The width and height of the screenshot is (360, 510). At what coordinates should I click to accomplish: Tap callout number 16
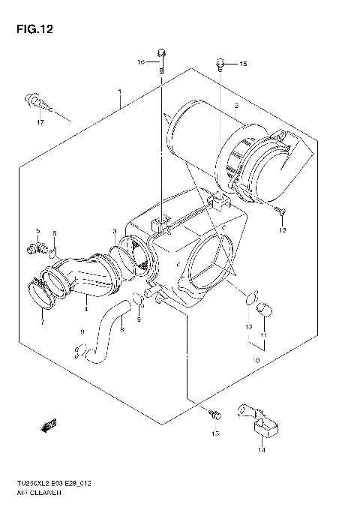point(140,62)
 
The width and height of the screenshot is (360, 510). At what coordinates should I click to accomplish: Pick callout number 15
point(242,65)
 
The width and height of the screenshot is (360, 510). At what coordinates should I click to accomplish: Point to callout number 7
point(42,322)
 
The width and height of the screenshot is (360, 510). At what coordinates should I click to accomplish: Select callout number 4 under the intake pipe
point(85,307)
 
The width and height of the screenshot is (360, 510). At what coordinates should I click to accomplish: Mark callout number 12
point(247,328)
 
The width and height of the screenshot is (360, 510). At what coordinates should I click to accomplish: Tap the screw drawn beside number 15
point(220,64)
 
